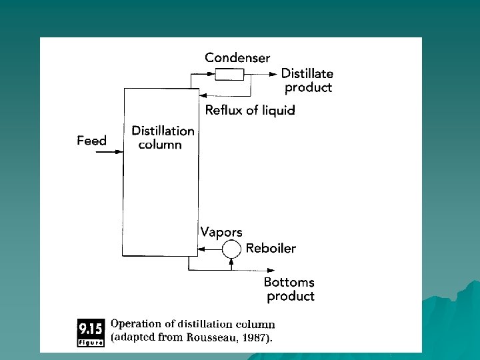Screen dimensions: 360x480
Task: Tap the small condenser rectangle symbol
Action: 229,73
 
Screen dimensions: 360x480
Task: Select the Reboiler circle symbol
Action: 231,249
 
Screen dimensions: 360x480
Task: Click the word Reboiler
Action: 271,249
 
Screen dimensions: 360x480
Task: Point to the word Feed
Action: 91,141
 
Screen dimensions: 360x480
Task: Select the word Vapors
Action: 221,232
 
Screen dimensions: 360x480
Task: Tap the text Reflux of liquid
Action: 249,110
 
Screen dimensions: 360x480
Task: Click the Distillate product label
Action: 307,80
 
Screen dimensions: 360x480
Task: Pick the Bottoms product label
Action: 289,289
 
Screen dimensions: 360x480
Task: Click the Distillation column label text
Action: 163,137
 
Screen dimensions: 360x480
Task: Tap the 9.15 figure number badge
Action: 91,331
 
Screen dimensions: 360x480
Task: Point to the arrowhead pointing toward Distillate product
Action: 273,74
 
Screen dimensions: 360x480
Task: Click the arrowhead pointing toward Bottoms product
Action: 257,270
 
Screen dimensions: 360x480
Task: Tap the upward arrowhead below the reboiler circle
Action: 231,261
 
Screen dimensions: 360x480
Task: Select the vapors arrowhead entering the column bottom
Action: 195,250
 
